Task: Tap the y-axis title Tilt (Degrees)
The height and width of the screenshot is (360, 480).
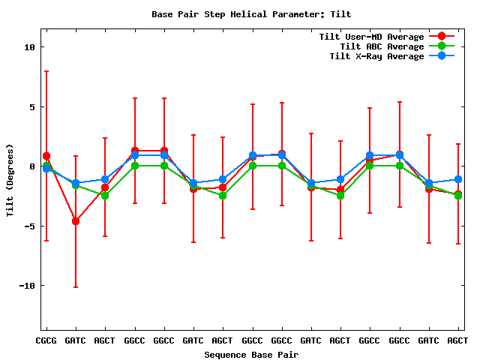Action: point(10,180)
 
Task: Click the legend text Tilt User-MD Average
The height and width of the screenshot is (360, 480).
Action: point(371,37)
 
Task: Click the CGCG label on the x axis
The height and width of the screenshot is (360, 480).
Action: point(46,340)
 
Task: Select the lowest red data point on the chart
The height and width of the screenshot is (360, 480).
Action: point(76,221)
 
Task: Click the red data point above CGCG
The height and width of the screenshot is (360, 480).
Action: point(46,156)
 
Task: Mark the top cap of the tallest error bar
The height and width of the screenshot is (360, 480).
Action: point(46,71)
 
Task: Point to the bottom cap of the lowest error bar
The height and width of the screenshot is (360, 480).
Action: point(76,287)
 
